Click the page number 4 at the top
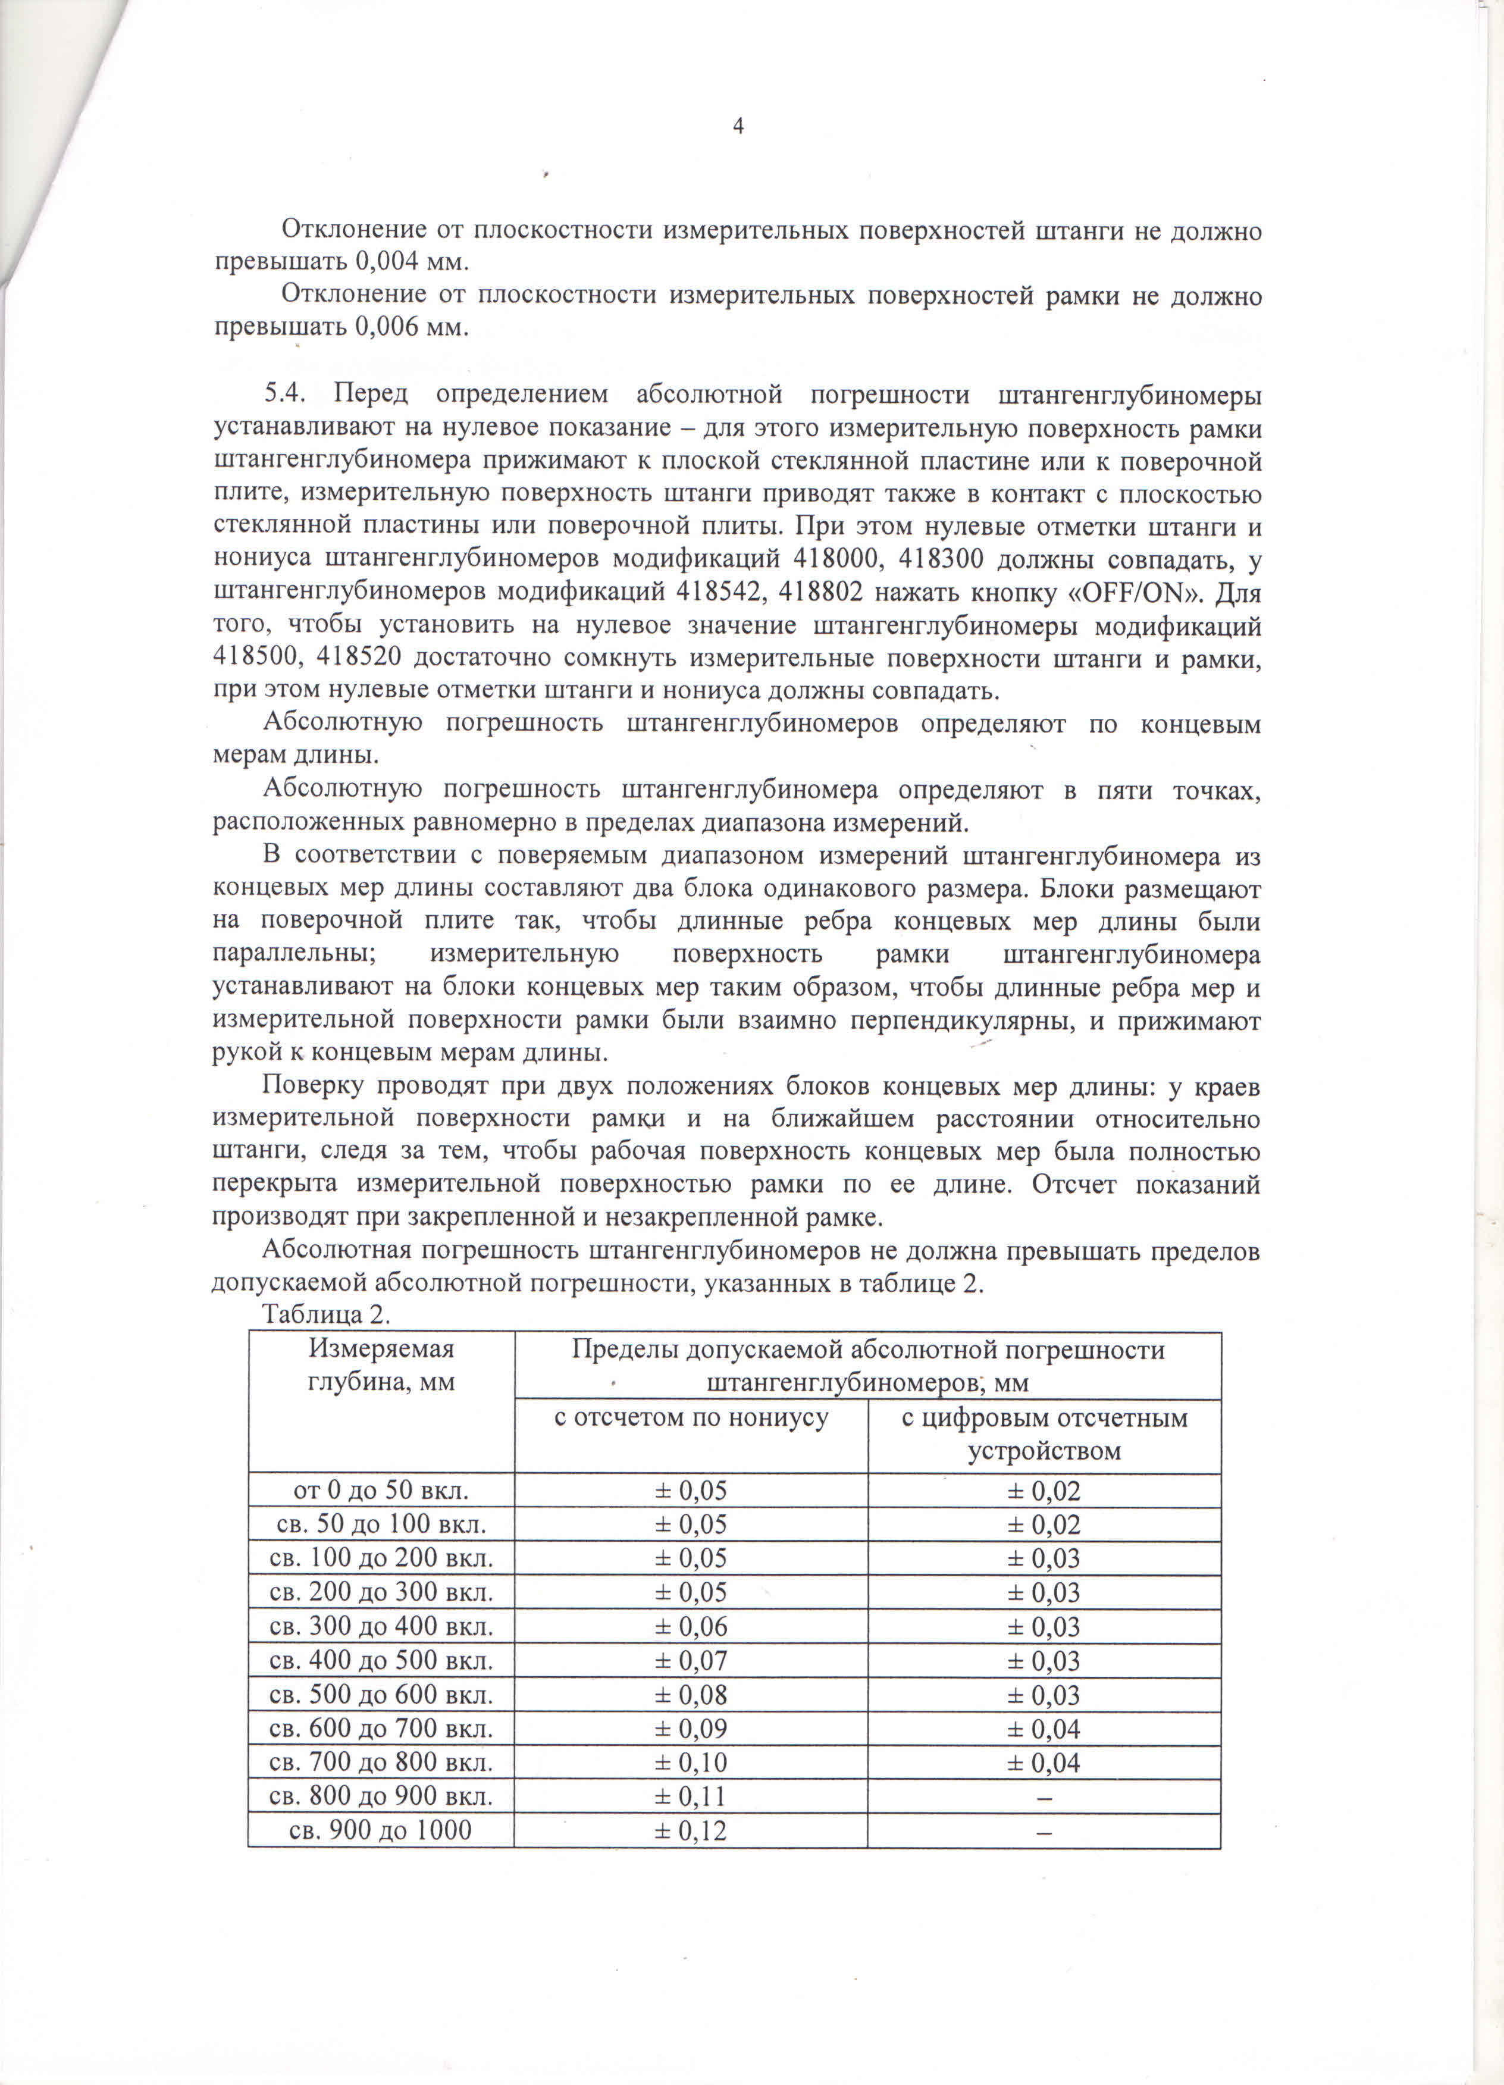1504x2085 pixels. pos(737,127)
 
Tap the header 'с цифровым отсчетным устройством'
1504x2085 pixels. pos(1044,1434)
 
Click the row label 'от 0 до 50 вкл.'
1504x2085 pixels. pos(381,1490)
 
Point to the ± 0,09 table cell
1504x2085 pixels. pos(690,1729)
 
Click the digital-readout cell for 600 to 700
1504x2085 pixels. pos(1044,1729)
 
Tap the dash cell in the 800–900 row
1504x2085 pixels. pos(1044,1797)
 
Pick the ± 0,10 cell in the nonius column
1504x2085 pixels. pos(690,1763)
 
